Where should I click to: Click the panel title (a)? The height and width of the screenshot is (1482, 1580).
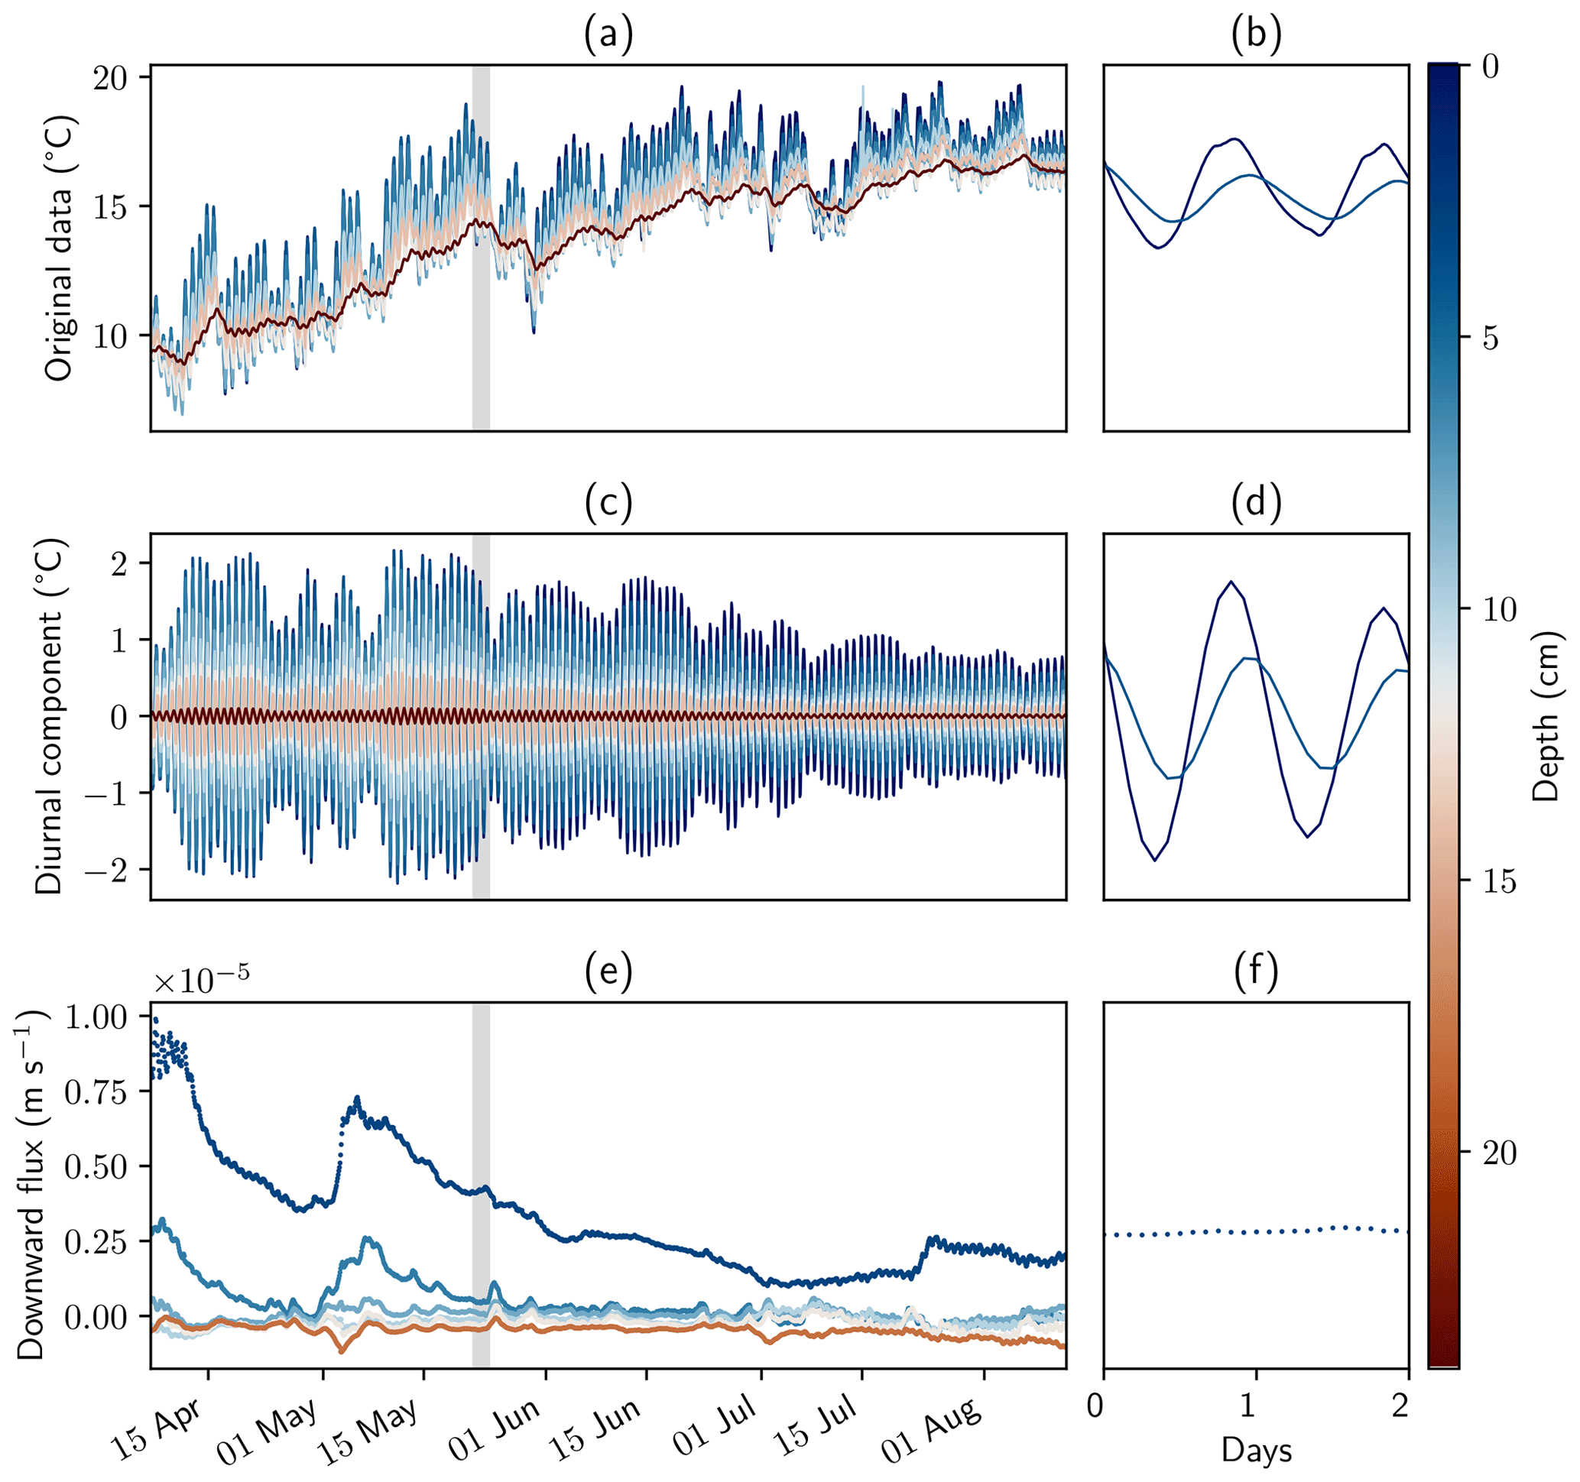point(608,37)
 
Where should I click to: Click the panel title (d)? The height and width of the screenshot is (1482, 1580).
point(1256,505)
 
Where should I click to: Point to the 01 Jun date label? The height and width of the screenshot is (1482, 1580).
point(494,1431)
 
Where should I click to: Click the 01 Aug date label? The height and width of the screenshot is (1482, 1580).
point(932,1431)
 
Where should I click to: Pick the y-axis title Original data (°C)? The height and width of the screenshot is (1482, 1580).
point(58,248)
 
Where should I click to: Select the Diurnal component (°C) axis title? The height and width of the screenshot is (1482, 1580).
point(49,717)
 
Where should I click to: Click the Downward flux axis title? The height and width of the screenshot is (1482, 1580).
point(32,1185)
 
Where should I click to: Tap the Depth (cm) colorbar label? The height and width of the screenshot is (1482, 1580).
point(1546,716)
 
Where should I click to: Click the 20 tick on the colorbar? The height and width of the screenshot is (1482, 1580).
point(1500,1154)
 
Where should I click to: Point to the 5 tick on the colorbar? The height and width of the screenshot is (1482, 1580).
point(1491,339)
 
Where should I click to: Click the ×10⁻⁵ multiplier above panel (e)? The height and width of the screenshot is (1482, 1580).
point(201,982)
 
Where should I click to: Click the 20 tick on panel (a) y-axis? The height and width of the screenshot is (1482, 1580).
point(112,78)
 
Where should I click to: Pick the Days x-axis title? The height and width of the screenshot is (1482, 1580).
point(1257,1451)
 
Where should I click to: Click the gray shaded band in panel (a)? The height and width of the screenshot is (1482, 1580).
point(481,248)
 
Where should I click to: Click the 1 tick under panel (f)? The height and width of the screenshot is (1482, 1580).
point(1248,1406)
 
